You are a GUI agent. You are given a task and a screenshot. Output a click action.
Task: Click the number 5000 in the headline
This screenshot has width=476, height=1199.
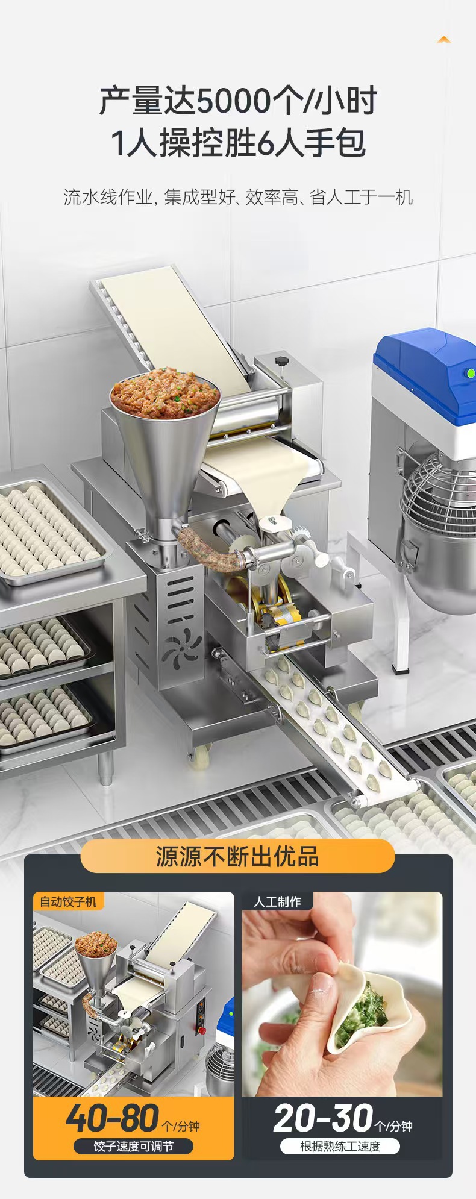[x=234, y=101]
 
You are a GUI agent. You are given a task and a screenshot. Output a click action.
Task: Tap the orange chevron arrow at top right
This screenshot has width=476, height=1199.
[x=444, y=40]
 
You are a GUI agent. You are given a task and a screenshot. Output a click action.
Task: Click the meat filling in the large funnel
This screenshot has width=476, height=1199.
[x=164, y=392]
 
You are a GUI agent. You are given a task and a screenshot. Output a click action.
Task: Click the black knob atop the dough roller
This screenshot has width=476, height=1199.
[x=280, y=362]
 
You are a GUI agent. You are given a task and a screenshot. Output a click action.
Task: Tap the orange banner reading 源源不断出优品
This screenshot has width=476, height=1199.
[x=237, y=856]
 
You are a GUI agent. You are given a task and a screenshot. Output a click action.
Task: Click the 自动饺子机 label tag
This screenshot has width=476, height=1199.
[x=68, y=901]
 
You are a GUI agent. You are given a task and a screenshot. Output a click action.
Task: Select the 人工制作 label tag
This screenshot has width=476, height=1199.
[x=277, y=901]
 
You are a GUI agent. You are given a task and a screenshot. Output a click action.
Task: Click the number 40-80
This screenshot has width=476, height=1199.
[x=113, y=1118]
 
